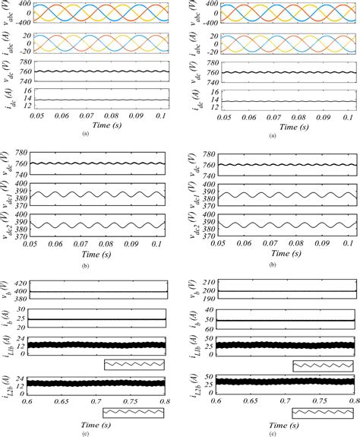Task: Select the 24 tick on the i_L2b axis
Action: point(22,379)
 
